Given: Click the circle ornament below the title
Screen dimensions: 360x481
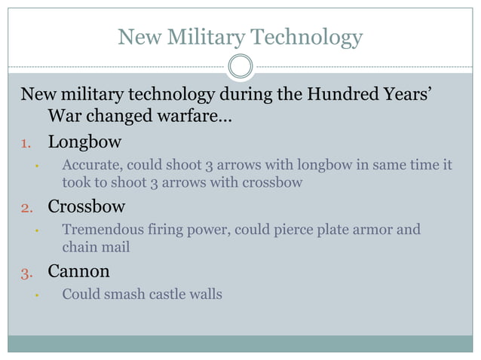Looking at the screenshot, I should pos(240,67).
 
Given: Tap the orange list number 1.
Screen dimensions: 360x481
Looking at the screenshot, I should pos(25,142).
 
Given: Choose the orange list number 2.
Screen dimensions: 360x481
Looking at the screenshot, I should pos(25,207).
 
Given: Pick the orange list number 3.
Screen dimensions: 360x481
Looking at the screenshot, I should pos(25,272).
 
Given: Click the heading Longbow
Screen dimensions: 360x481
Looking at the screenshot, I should pos(84,142).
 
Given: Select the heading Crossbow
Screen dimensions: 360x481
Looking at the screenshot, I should pos(87,206).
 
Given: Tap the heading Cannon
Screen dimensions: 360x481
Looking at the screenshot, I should pos(78,271).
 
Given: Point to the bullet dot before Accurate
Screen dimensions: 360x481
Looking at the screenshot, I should pos(35,166).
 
